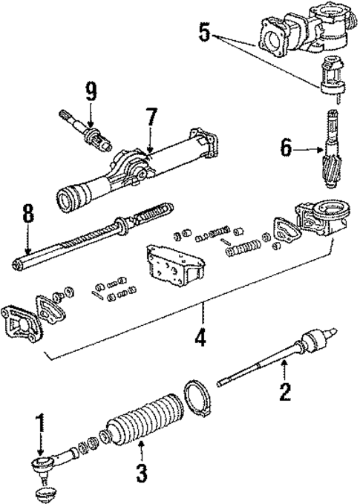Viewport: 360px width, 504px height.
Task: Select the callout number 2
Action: [x=285, y=391]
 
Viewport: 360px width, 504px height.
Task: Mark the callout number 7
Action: [x=151, y=117]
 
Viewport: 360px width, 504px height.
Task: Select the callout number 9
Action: [x=90, y=91]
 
